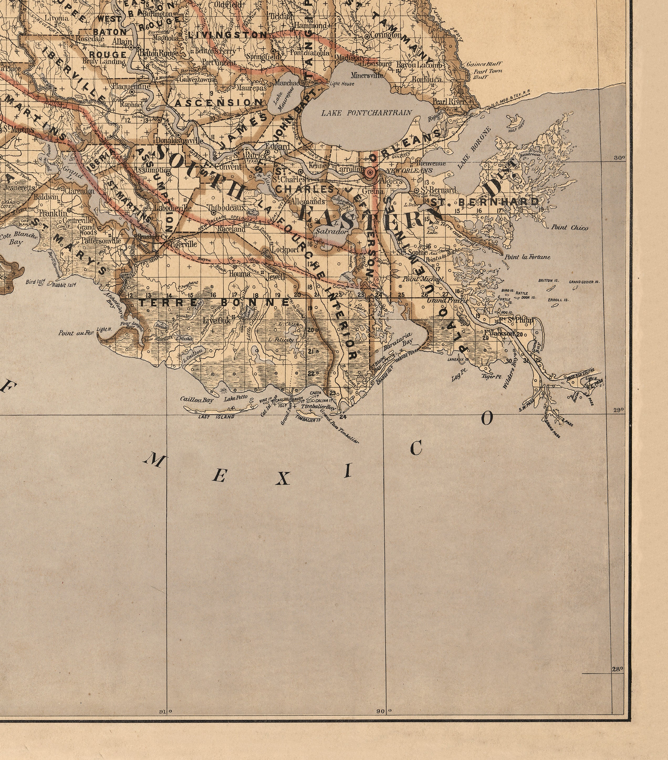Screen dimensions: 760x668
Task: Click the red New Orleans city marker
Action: tap(370, 172)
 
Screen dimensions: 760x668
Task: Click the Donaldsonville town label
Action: tap(179, 141)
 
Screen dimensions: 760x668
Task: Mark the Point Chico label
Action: tap(570, 227)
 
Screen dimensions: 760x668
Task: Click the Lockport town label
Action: tap(285, 250)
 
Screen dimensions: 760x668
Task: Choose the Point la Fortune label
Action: tap(527, 257)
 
